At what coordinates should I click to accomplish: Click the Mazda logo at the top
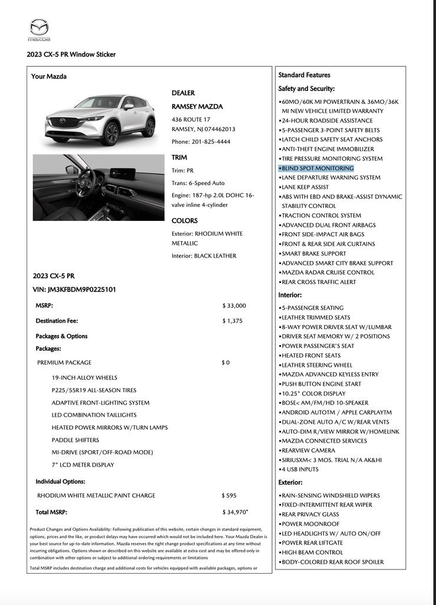tap(40, 30)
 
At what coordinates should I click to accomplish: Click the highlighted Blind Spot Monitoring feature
tap(317, 168)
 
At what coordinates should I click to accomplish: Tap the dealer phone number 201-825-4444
tap(201, 142)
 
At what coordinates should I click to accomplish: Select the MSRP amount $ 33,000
tap(234, 305)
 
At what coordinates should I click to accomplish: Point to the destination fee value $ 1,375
tap(232, 321)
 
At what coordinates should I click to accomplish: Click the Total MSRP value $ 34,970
tap(235, 512)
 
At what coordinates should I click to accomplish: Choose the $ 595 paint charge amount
tap(229, 495)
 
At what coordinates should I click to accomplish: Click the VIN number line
tap(74, 290)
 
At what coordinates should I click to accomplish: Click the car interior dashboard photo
tap(99, 187)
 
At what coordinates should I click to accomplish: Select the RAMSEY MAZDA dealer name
tap(197, 107)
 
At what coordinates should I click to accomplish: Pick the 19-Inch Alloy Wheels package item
tap(84, 378)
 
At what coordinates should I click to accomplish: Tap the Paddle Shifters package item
tap(75, 440)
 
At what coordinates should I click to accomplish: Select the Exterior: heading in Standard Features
tap(290, 482)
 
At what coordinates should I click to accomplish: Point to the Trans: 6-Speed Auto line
tap(198, 183)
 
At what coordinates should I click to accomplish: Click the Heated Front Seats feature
tap(311, 356)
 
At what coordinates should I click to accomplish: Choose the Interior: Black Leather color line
tap(204, 256)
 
